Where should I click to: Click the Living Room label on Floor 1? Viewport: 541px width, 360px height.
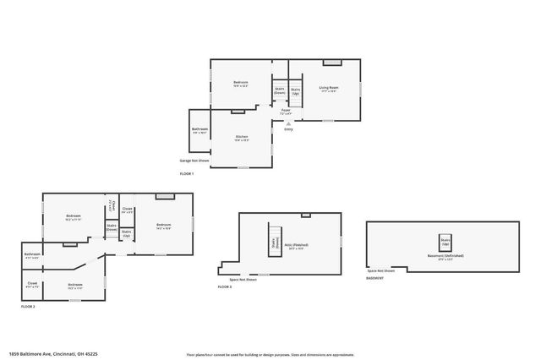tap(329, 88)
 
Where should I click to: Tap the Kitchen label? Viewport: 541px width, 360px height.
tap(241, 138)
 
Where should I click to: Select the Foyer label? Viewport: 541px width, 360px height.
tap(286, 111)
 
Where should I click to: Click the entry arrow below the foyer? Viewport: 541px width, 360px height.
tap(288, 123)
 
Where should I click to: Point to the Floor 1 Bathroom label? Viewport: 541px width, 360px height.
tap(199, 130)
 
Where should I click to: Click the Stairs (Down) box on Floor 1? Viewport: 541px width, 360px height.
tap(279, 90)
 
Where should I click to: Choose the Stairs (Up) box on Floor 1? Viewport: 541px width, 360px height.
tap(296, 90)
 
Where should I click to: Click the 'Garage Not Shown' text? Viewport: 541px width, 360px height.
tap(194, 160)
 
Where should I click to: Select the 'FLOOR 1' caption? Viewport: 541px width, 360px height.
tap(187, 173)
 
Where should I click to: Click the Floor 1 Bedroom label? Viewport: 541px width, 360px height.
tap(240, 84)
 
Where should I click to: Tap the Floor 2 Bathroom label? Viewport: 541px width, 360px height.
tap(33, 254)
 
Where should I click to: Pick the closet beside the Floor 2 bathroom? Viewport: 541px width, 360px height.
tap(32, 285)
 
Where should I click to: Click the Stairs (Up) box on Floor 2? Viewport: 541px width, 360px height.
tap(126, 232)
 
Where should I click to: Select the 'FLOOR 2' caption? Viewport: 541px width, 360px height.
tap(28, 306)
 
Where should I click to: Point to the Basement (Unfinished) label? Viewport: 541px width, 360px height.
tap(445, 256)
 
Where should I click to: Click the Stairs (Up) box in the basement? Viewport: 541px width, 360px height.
tap(445, 241)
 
